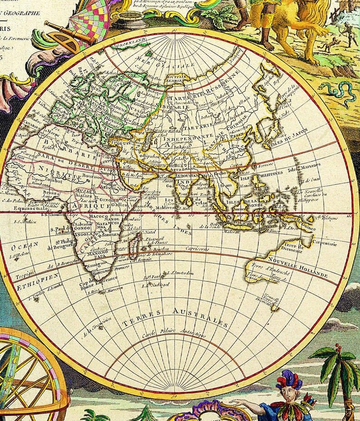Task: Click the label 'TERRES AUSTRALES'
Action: pos(175,317)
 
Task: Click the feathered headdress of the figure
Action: pos(289,380)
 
